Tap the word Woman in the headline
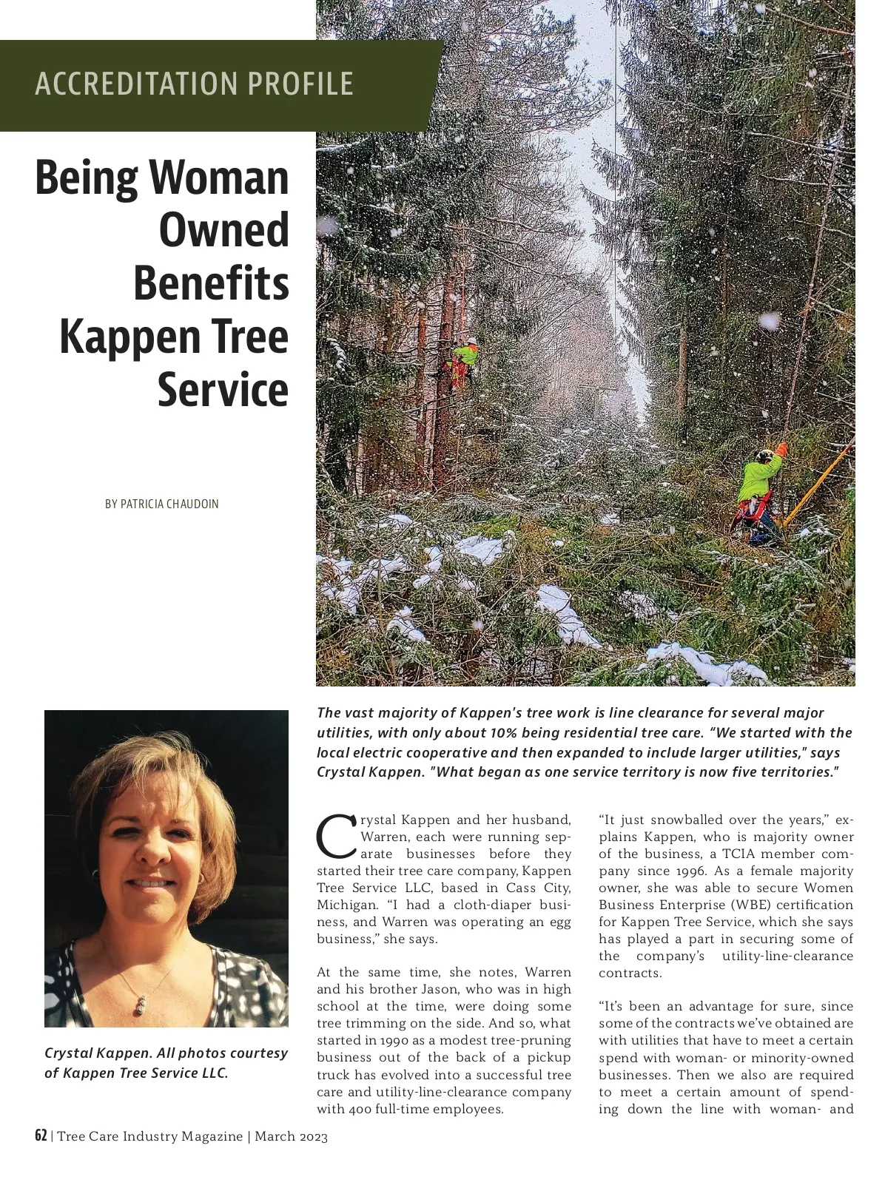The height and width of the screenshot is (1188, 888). tap(219, 178)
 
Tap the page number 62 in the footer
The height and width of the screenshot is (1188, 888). tap(41, 1135)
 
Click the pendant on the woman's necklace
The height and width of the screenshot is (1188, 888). tap(138, 1005)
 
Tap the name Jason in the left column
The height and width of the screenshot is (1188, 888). tap(439, 989)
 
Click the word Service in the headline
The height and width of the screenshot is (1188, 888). tap(223, 390)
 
